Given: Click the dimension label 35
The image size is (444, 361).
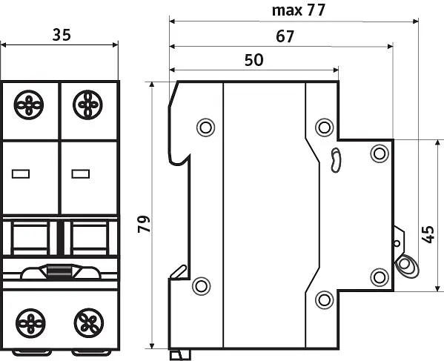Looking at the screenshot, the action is coord(62,35).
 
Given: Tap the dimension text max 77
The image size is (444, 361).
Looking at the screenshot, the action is coord(299,10).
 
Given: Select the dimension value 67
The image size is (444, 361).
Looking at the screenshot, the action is coord(285,36).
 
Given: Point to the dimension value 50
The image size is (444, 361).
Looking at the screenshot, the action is coord(254,60).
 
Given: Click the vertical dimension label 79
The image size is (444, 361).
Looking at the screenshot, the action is coord(144,224).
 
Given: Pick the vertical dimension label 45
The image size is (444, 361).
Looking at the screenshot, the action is coord(428,234).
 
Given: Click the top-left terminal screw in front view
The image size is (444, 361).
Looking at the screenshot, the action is coord(29,105).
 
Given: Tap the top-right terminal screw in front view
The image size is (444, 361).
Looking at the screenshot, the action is coord(87,105).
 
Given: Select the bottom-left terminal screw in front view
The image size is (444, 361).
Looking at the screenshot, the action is coord(30,323).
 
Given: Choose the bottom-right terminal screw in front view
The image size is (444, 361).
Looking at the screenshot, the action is coord(89,323).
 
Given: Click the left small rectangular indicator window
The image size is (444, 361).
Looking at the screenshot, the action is coord(21,174).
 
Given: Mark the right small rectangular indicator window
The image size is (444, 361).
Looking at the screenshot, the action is coord(81,174).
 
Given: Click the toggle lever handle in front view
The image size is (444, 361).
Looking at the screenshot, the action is coord(60,272).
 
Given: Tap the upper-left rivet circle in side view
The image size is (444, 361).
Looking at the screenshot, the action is coord(205,127).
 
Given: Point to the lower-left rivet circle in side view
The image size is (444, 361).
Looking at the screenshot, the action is coord(202,286).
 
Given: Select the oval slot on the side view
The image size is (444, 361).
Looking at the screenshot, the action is coord(336,160).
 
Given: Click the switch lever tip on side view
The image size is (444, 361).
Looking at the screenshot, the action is coord(407,265).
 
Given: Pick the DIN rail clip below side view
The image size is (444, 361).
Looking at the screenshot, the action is coord(180,355).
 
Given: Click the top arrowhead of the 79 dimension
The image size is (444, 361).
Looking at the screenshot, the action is coord(152,85).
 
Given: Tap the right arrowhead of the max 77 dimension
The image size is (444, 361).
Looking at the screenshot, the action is coord(416,21).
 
